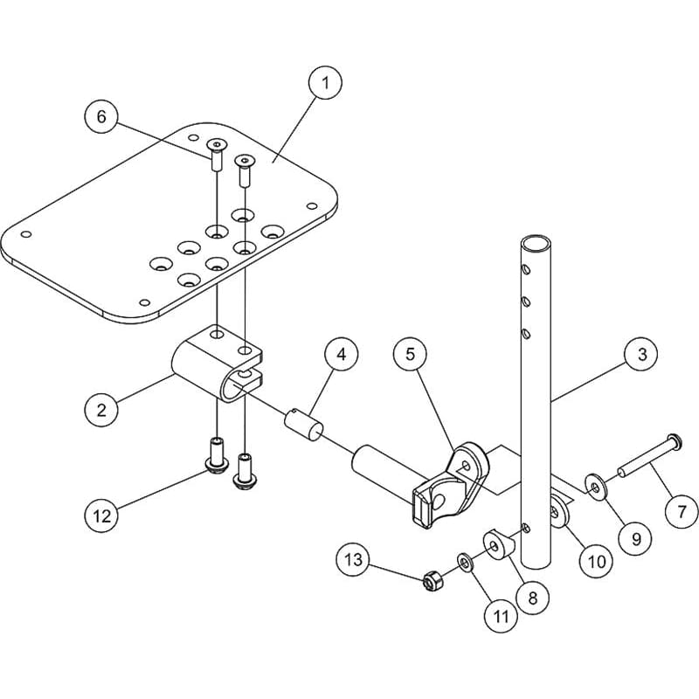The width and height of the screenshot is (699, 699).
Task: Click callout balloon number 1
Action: click(x=324, y=85)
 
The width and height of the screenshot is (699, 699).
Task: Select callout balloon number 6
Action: click(x=101, y=117)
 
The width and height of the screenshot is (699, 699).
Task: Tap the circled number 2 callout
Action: click(x=101, y=408)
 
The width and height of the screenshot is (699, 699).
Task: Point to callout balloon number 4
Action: click(x=342, y=354)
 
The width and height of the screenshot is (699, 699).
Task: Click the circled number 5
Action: click(x=410, y=354)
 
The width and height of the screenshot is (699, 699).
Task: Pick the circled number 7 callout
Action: click(x=682, y=510)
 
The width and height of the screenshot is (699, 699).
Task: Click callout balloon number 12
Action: click(x=103, y=515)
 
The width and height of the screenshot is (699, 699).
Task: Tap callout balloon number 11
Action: click(x=501, y=615)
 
